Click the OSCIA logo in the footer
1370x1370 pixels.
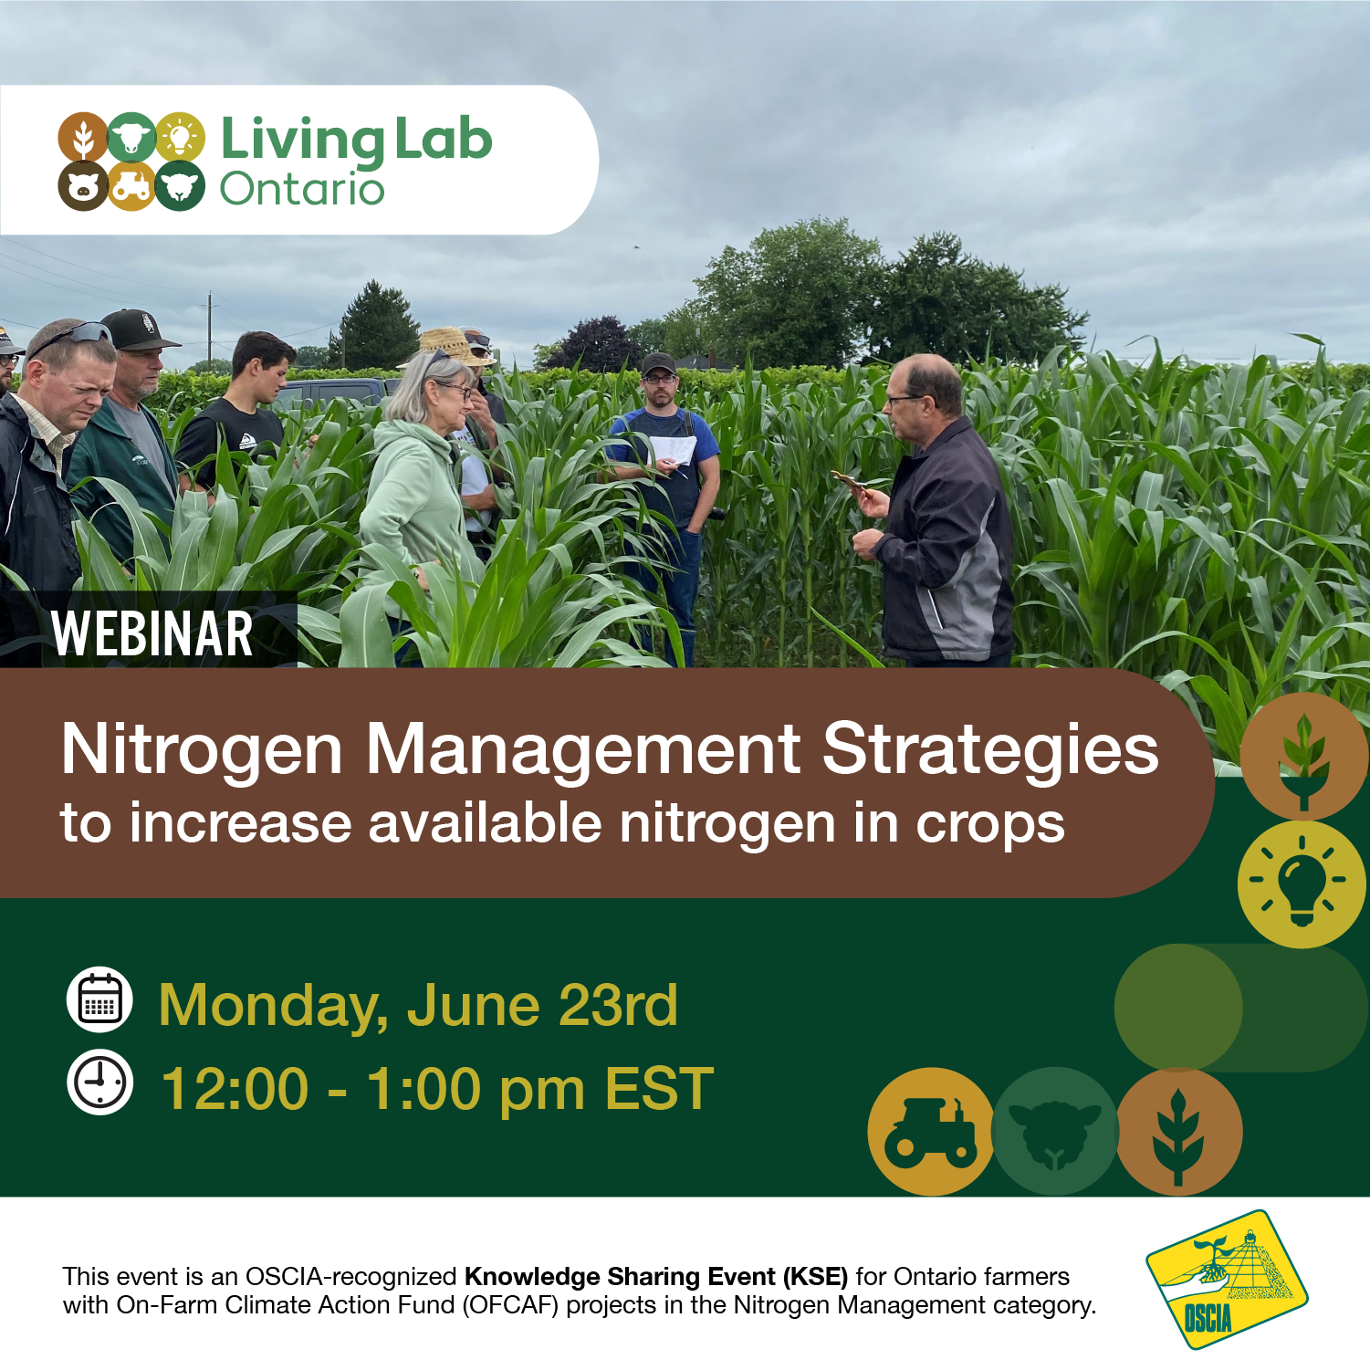point(1227,1280)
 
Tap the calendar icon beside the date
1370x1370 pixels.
point(99,999)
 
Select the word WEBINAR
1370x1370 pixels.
point(152,633)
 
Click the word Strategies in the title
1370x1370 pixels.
point(990,749)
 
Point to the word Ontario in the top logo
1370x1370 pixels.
point(302,189)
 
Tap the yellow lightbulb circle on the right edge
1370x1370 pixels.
point(1302,884)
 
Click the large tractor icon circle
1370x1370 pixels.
point(931,1132)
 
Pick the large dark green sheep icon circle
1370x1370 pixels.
point(1055,1132)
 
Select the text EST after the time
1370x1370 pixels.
point(659,1089)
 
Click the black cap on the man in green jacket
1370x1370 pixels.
point(139,329)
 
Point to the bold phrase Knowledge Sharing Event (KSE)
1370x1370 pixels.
point(656,1276)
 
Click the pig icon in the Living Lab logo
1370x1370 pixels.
point(83,186)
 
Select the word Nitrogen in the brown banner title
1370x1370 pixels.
point(202,749)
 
